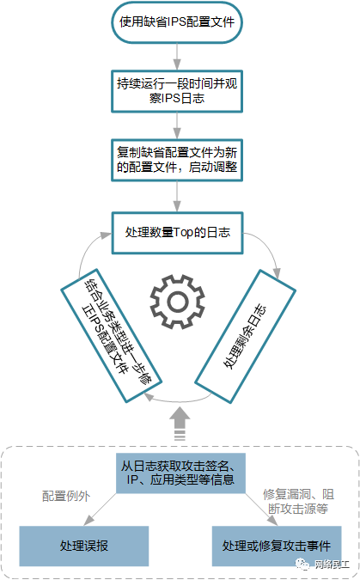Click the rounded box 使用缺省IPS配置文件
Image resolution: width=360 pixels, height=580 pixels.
(x=177, y=22)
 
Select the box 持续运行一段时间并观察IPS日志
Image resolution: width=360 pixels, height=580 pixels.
(x=177, y=91)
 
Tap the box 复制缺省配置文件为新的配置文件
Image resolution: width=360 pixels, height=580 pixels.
(x=177, y=160)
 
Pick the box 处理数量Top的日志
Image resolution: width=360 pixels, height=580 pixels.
(x=177, y=233)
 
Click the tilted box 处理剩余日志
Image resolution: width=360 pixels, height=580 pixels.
(x=245, y=336)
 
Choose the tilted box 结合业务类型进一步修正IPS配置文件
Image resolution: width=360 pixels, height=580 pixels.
(x=111, y=335)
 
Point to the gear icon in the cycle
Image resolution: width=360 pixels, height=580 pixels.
(x=177, y=302)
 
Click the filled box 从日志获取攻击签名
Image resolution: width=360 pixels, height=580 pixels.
(x=180, y=473)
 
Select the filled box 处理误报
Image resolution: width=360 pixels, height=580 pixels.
(x=84, y=546)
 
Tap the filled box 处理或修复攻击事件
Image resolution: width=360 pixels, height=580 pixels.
(x=277, y=546)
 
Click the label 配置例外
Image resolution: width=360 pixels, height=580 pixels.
(x=66, y=496)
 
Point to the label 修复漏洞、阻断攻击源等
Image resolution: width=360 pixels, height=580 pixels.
(x=298, y=501)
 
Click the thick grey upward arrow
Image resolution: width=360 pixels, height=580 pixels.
(x=180, y=423)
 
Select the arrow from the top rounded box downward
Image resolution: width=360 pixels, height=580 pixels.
(x=177, y=56)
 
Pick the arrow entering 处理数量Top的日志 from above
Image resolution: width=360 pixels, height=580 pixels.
(x=177, y=197)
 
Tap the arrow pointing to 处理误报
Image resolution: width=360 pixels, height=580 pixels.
(x=100, y=510)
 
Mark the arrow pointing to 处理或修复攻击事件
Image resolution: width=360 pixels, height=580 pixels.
(x=261, y=510)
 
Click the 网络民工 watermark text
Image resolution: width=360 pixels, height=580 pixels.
(x=332, y=565)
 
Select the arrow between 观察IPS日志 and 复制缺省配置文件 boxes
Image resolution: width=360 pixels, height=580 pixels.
(x=177, y=125)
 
